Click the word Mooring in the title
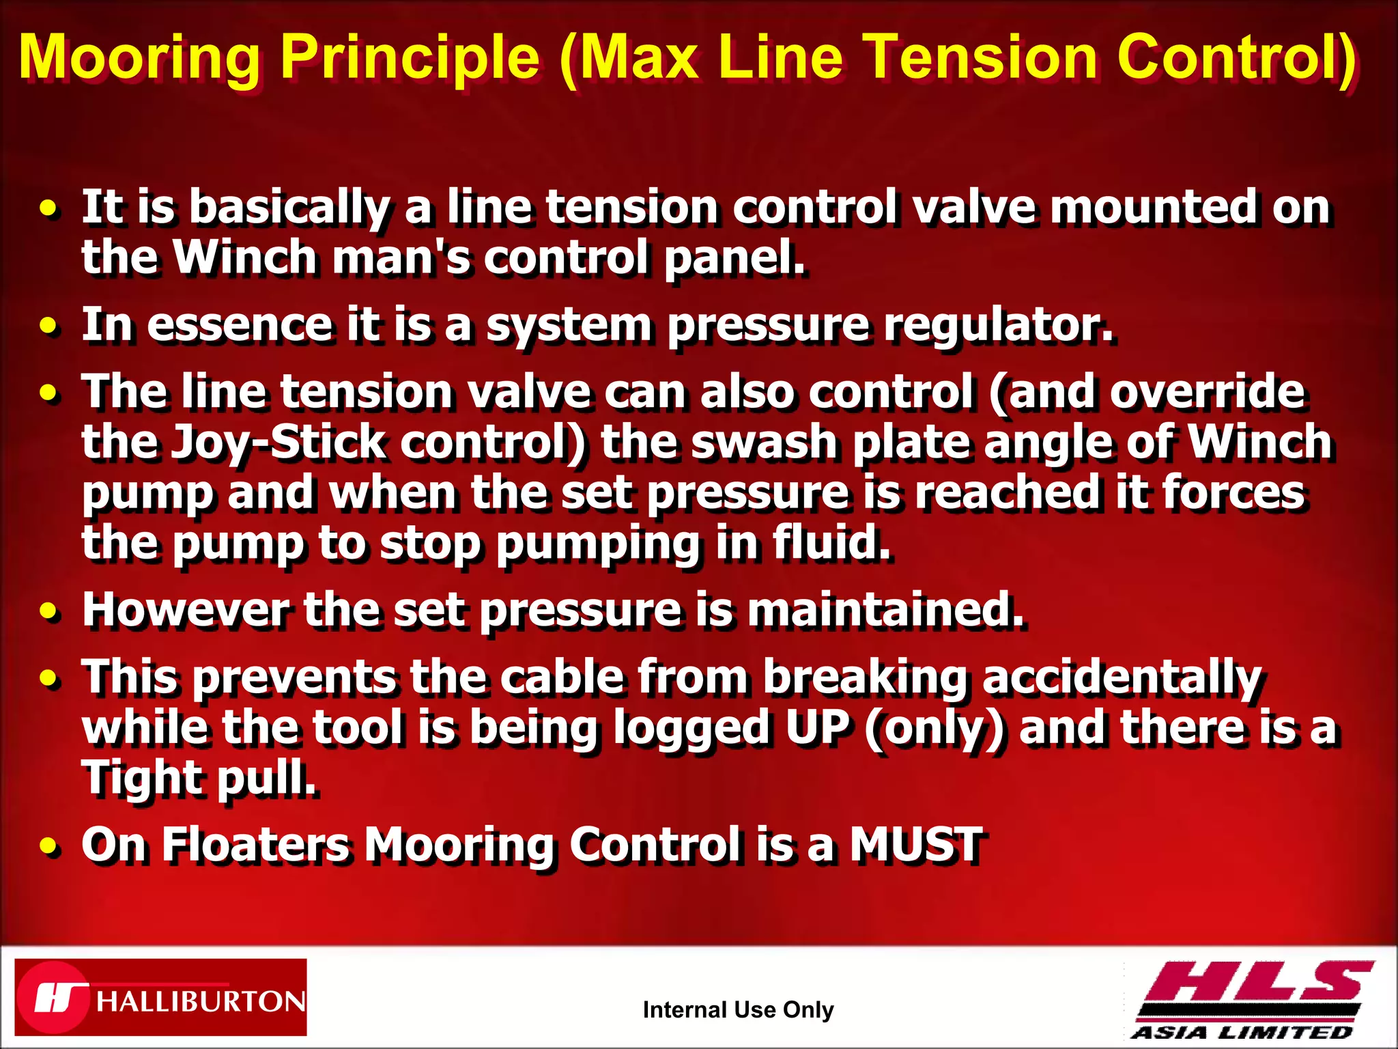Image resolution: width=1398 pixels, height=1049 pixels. click(x=139, y=58)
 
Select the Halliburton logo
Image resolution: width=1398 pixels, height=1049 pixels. click(x=161, y=997)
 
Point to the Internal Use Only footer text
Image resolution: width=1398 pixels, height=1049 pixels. click(x=738, y=1009)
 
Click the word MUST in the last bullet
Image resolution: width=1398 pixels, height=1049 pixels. click(x=915, y=844)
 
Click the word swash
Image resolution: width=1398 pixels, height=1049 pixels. click(x=764, y=442)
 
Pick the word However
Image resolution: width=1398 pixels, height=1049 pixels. click(x=185, y=609)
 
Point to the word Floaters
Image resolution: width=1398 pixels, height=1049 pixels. click(x=256, y=845)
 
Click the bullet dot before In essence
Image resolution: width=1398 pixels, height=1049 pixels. click(x=48, y=326)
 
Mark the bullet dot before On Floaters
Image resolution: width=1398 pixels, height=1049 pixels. click(x=48, y=847)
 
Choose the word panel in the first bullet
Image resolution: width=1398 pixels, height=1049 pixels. click(x=734, y=258)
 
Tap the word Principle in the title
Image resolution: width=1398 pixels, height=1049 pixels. click(x=410, y=58)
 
